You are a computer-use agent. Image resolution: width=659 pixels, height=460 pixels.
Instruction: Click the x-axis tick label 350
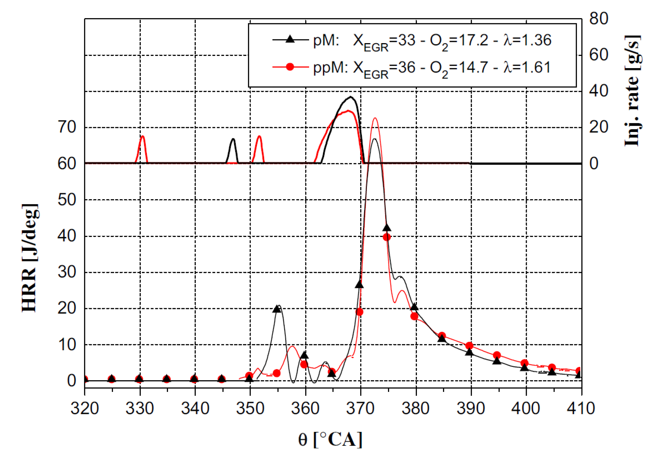[x=250, y=408]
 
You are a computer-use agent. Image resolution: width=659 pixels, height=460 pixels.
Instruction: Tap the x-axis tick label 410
[x=581, y=408]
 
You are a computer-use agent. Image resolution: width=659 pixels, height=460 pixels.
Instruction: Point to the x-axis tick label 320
[x=85, y=408]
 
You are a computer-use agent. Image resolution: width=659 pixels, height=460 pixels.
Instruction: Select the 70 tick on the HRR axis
[x=67, y=127]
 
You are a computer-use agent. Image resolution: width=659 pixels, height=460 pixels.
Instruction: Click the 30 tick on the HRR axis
[x=67, y=272]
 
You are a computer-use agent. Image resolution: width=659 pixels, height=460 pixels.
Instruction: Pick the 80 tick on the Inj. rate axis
[x=599, y=19]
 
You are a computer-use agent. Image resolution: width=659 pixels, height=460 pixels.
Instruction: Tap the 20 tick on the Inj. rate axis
[x=599, y=127]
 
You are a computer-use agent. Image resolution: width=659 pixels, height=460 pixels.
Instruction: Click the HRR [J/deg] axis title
[x=30, y=258]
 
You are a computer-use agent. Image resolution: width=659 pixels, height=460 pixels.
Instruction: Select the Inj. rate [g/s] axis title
[x=633, y=91]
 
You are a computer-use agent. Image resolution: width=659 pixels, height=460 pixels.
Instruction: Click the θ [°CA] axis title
[x=330, y=439]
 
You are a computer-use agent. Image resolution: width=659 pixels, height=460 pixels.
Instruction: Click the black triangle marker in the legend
[x=290, y=39]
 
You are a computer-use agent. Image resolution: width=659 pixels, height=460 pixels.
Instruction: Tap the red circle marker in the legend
[x=290, y=67]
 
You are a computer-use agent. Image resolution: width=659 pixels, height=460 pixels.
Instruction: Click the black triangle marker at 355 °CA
[x=277, y=309]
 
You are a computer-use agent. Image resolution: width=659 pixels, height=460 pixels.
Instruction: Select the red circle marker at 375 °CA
[x=387, y=237]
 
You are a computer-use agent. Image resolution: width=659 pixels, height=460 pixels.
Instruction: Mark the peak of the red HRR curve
[x=375, y=118]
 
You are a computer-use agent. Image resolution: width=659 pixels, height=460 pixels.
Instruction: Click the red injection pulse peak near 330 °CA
[x=142, y=136]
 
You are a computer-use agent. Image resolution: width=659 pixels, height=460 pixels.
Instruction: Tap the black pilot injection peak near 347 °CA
[x=233, y=139]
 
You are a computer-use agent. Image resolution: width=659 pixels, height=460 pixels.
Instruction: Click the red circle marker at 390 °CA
[x=469, y=346]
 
